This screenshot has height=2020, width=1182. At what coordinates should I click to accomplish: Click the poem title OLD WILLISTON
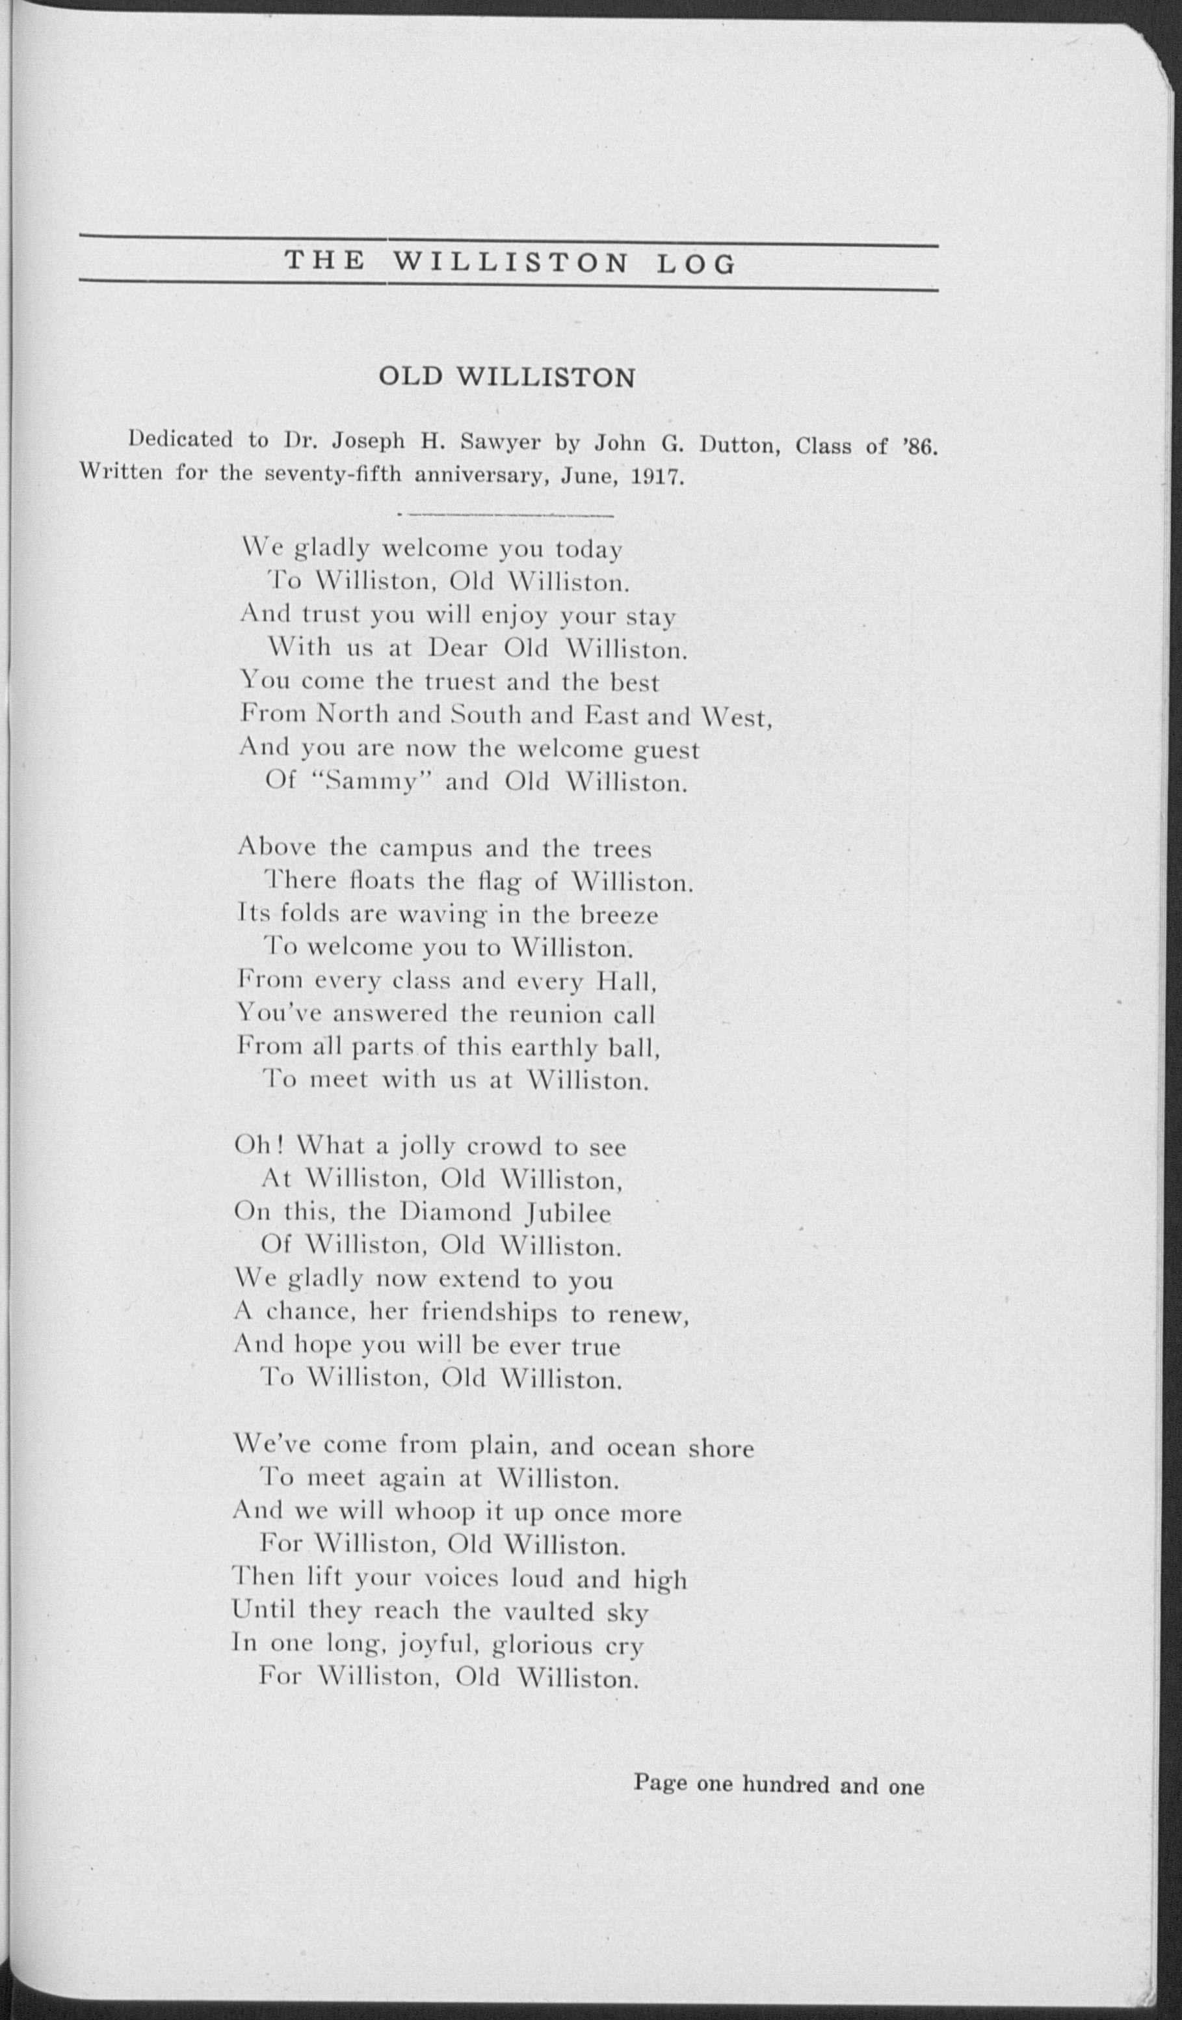[x=506, y=377]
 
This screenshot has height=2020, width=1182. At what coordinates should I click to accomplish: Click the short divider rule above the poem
[x=506, y=515]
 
